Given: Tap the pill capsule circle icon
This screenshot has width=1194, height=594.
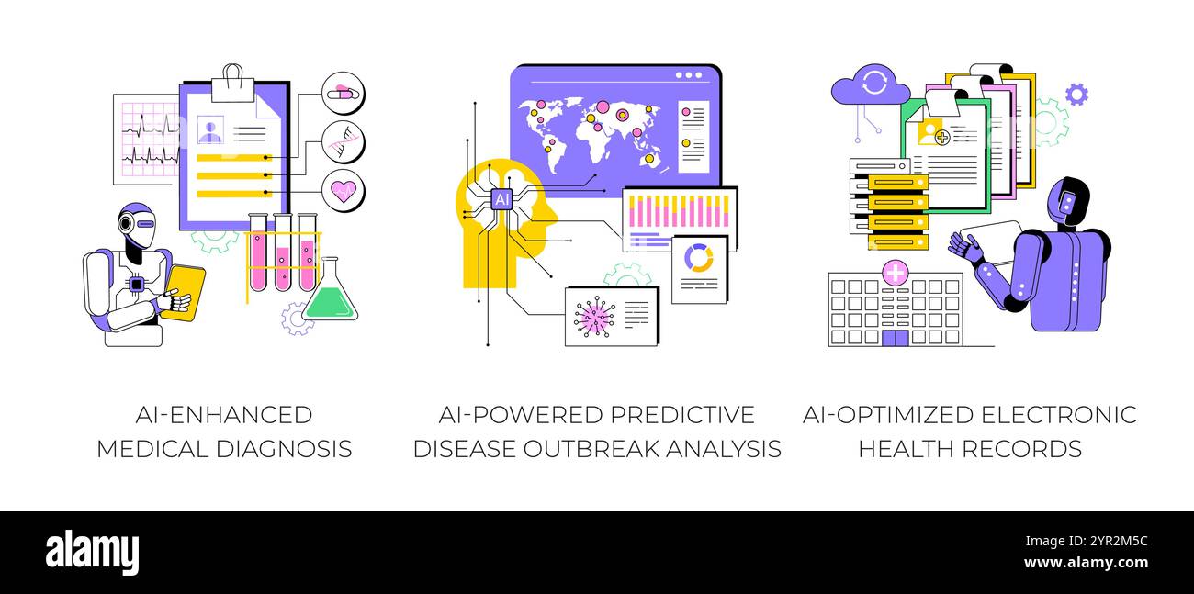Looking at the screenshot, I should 344,93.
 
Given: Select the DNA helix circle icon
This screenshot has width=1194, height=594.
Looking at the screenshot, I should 344,141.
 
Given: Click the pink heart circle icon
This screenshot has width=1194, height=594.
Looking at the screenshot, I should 344,190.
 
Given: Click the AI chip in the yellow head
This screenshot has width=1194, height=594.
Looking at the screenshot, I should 501,198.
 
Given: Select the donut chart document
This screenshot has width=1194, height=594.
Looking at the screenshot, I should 699,267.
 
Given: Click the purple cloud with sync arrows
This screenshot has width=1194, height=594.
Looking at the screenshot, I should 870,86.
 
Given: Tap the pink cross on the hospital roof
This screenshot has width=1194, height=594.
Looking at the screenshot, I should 895,273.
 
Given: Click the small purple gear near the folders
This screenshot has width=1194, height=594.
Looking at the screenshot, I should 1076,94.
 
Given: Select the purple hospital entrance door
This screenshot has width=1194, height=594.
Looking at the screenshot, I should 895,337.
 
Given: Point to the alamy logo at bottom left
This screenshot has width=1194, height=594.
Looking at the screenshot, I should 92,553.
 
